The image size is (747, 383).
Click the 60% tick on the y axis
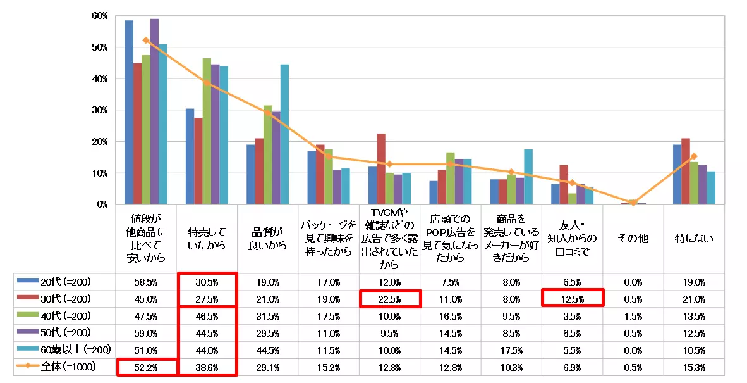pyautogui.click(x=99, y=16)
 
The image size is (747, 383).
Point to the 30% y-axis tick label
pyautogui.click(x=99, y=110)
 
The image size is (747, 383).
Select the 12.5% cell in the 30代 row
pyautogui.click(x=573, y=298)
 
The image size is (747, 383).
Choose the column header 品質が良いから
pyautogui.click(x=268, y=239)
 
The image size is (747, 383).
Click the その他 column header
pyautogui.click(x=633, y=239)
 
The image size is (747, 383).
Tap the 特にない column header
pyautogui.click(x=694, y=239)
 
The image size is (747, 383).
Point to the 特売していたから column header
pyautogui.click(x=207, y=239)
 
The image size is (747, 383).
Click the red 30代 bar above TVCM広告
pyautogui.click(x=381, y=169)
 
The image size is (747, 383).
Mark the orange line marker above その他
pyautogui.click(x=633, y=203)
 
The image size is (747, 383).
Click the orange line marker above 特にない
pyautogui.click(x=694, y=156)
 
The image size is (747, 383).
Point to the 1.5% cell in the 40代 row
pyautogui.click(x=633, y=315)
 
